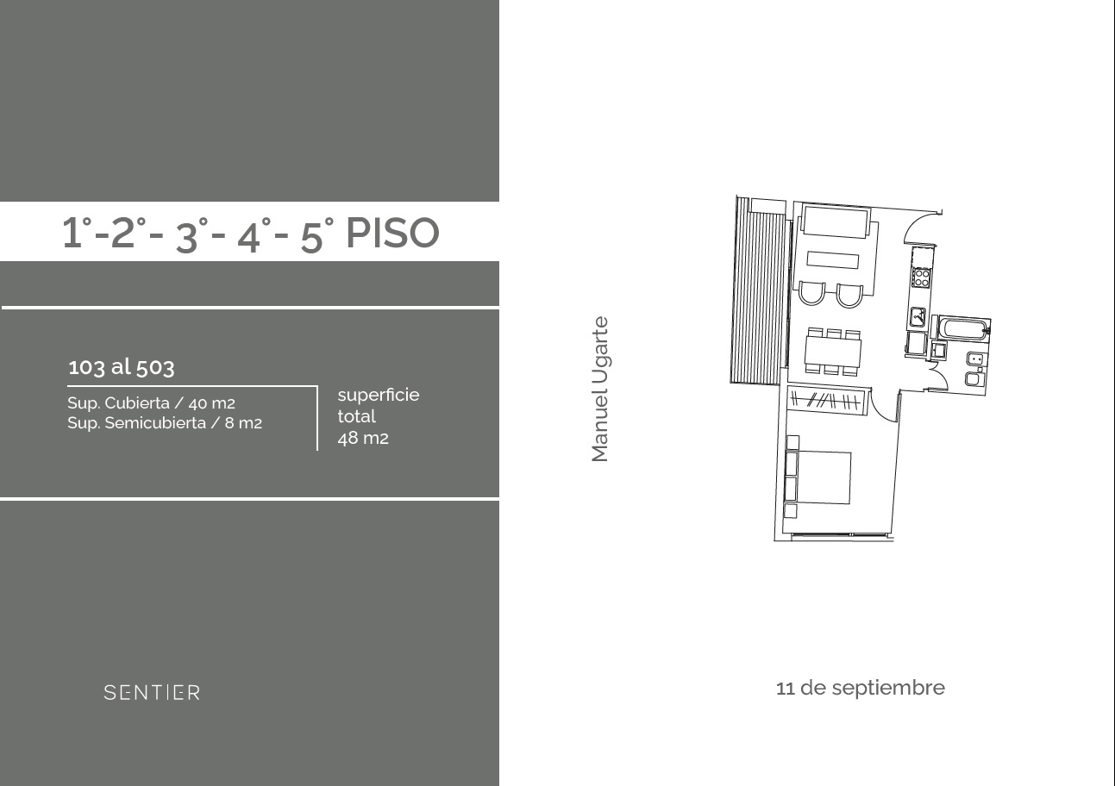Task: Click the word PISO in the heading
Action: [392, 233]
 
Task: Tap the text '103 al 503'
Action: [121, 367]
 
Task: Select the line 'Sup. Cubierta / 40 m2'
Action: [151, 403]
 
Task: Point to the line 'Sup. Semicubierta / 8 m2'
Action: [164, 423]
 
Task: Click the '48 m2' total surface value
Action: [363, 439]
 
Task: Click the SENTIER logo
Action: [152, 692]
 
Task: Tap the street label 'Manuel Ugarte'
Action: [599, 389]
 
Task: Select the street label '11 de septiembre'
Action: [860, 689]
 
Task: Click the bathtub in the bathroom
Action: [962, 329]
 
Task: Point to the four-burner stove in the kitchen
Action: [922, 278]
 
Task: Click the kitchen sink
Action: [918, 317]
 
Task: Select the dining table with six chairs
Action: [833, 352]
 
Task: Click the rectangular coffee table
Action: [833, 260]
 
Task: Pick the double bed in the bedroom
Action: [818, 477]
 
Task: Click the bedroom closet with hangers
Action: [827, 401]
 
